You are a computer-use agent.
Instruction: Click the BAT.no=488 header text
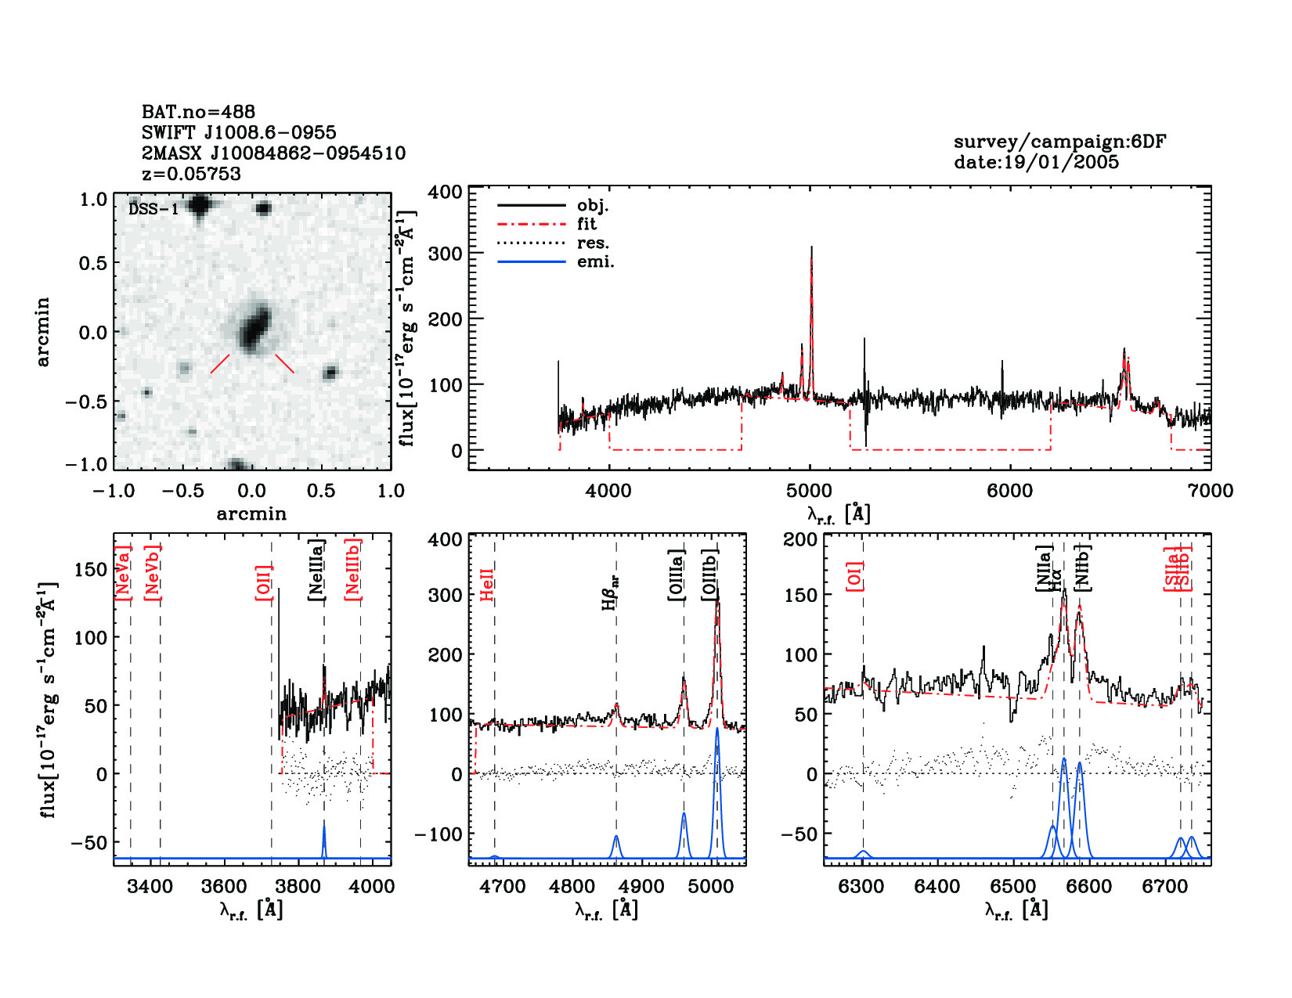click(198, 112)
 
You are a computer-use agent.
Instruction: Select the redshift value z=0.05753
click(191, 174)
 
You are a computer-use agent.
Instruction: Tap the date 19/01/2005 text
click(1036, 162)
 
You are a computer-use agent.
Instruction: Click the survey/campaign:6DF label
click(1059, 142)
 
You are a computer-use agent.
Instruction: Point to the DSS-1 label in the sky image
click(153, 209)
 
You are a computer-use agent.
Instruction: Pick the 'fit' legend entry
click(586, 225)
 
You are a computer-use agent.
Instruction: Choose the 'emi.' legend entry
click(595, 262)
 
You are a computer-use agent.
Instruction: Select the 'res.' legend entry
click(593, 243)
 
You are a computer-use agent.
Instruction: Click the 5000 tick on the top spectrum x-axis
click(809, 491)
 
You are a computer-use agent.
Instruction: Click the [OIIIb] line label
click(709, 575)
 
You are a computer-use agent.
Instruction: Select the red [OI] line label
click(854, 575)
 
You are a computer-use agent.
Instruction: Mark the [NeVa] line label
click(123, 573)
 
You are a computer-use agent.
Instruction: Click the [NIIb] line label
click(1083, 567)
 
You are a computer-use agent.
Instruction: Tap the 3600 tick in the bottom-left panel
click(224, 886)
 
